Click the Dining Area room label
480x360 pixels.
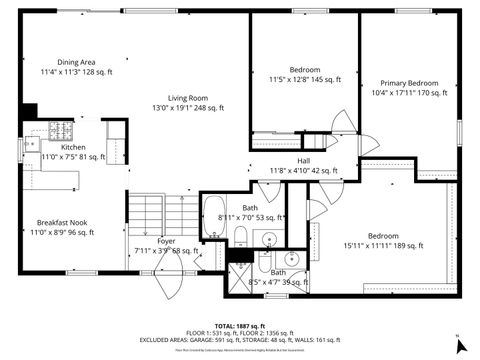pyautogui.click(x=75, y=61)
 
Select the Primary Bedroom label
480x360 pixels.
pyautogui.click(x=409, y=83)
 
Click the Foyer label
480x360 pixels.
pyautogui.click(x=166, y=241)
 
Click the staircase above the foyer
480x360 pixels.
pyautogui.click(x=166, y=212)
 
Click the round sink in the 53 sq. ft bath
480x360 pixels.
pyautogui.click(x=269, y=239)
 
